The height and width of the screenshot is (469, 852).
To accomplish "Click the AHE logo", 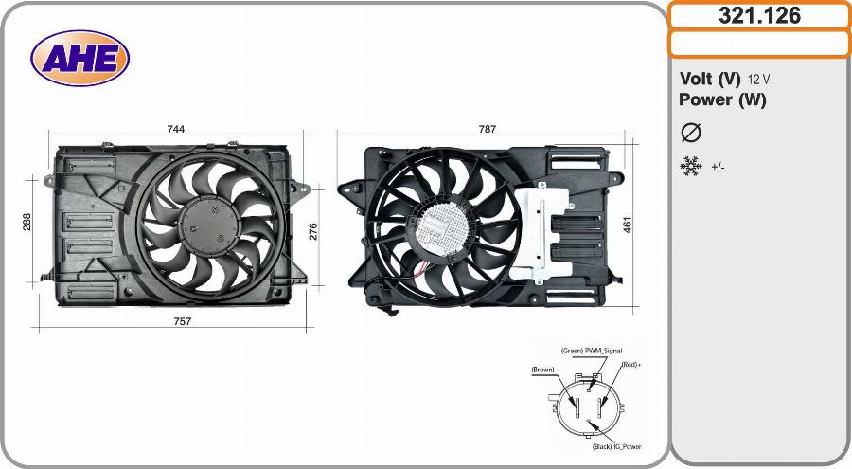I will [x=80, y=59].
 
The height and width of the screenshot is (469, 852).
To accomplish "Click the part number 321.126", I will [x=759, y=16].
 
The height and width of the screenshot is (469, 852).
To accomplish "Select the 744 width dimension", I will [x=175, y=129].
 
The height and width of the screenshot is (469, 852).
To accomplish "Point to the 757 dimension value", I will [x=182, y=321].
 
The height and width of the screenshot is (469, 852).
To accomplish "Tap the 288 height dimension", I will [x=27, y=222].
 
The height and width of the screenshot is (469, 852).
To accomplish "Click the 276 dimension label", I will [x=312, y=231].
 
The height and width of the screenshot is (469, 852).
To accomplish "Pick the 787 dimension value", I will [x=487, y=129].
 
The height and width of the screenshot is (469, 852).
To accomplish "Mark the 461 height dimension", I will [x=627, y=225].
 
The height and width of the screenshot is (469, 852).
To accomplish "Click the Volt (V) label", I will [x=710, y=79].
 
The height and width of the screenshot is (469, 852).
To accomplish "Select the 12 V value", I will [x=758, y=80].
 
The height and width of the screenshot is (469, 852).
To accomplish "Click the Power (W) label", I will [x=722, y=99].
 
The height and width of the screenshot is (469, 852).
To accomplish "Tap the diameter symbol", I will [x=691, y=133].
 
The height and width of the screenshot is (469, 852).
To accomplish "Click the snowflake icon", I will [x=691, y=167].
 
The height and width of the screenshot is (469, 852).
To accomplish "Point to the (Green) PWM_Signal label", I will [x=591, y=351].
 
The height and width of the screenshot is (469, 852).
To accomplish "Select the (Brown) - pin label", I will [x=546, y=369].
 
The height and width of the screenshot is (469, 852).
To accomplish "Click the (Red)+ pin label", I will [x=631, y=365].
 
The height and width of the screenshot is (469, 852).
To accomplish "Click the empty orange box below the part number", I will [x=759, y=44].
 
